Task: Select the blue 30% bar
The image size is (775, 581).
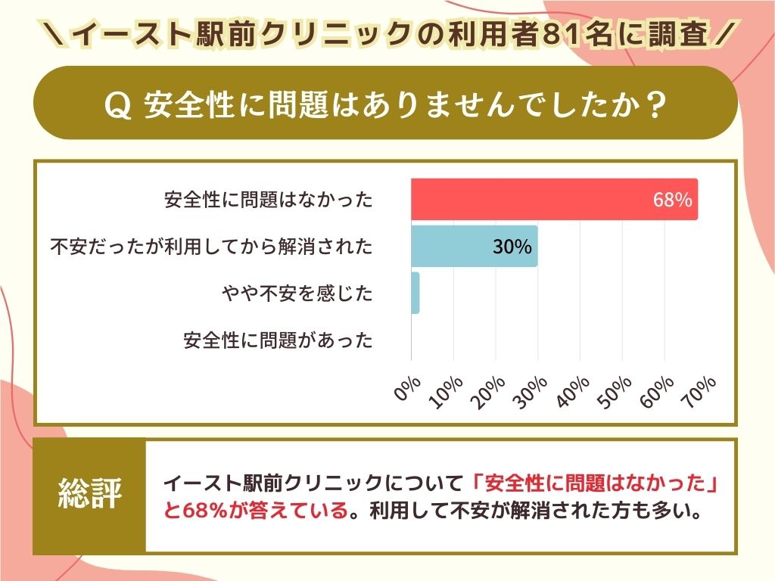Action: coord(474,246)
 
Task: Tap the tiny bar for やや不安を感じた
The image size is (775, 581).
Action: coord(415,293)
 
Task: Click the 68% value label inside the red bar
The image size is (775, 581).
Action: coord(672,200)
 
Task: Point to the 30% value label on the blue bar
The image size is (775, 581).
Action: coord(512,247)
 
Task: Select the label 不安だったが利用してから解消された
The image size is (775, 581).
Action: coord(211,247)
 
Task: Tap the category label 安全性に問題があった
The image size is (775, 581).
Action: coord(278,340)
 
